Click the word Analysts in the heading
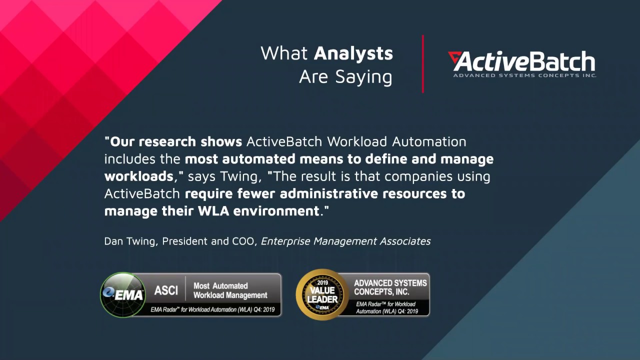tap(353, 53)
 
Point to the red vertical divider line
tap(423, 64)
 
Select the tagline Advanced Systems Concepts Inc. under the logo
tap(524, 75)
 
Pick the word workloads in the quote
tap(138, 176)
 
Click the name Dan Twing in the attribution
tap(130, 241)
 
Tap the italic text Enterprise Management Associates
tap(345, 241)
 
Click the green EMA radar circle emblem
tap(123, 295)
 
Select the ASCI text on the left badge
tap(166, 290)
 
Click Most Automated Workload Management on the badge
tap(230, 290)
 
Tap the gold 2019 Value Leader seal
tap(322, 294)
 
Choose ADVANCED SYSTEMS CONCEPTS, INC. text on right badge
tap(390, 287)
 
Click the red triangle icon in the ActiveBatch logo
tap(454, 58)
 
